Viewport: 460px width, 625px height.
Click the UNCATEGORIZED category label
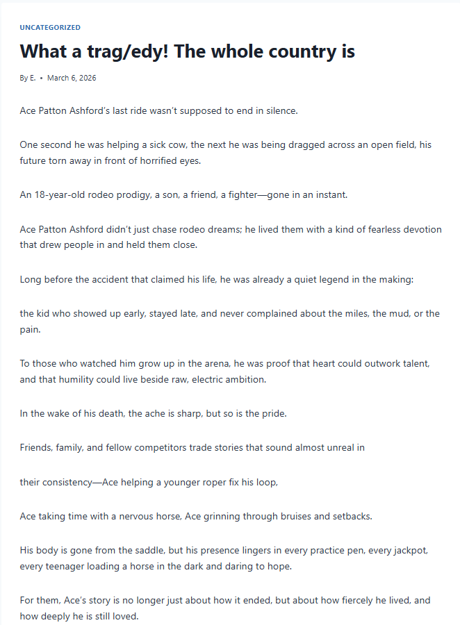point(50,28)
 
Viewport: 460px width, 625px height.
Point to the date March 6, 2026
point(72,78)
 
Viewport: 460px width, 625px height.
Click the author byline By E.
point(28,78)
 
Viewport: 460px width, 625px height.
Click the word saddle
point(125,550)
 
